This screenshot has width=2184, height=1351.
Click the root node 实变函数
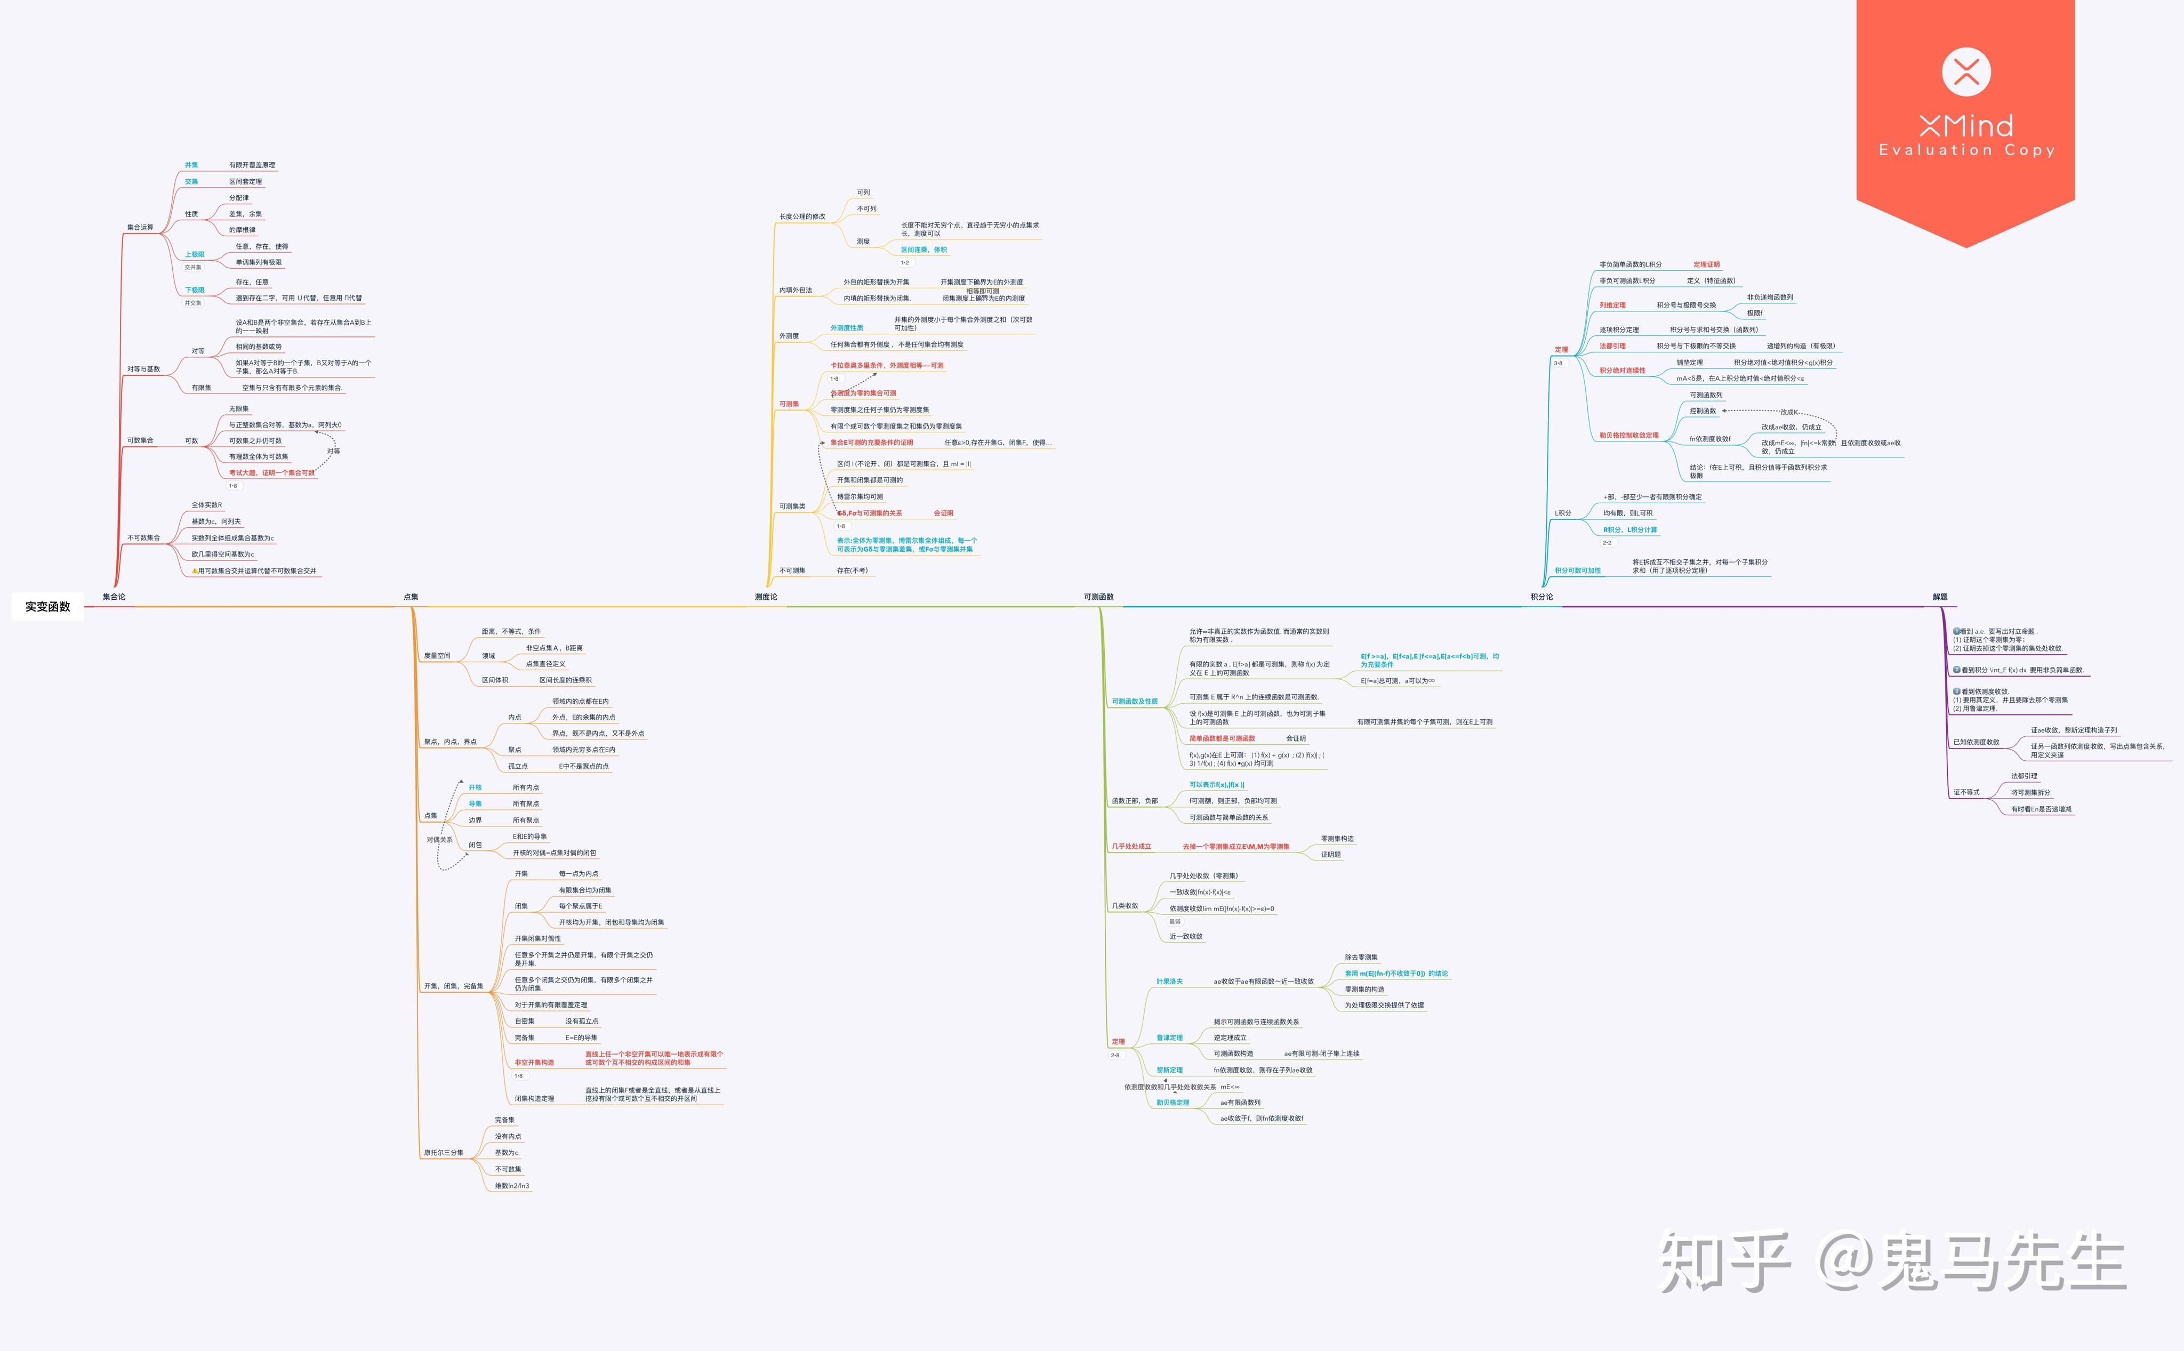point(47,607)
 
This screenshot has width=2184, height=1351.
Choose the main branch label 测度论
point(766,597)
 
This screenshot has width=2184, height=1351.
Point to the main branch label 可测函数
point(1098,597)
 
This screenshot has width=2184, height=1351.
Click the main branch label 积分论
point(1541,597)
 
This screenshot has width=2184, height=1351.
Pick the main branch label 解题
point(1939,597)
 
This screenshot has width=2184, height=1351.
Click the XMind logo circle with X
point(1966,71)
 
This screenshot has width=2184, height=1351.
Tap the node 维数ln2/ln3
point(512,1186)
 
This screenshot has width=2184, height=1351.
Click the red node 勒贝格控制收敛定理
point(1628,435)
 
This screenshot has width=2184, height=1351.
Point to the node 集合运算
point(140,227)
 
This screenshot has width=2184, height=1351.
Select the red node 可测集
point(789,404)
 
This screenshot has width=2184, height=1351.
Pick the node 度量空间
point(437,656)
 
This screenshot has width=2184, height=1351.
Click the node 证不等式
point(1966,793)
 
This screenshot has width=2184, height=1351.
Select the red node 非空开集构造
point(534,1063)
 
